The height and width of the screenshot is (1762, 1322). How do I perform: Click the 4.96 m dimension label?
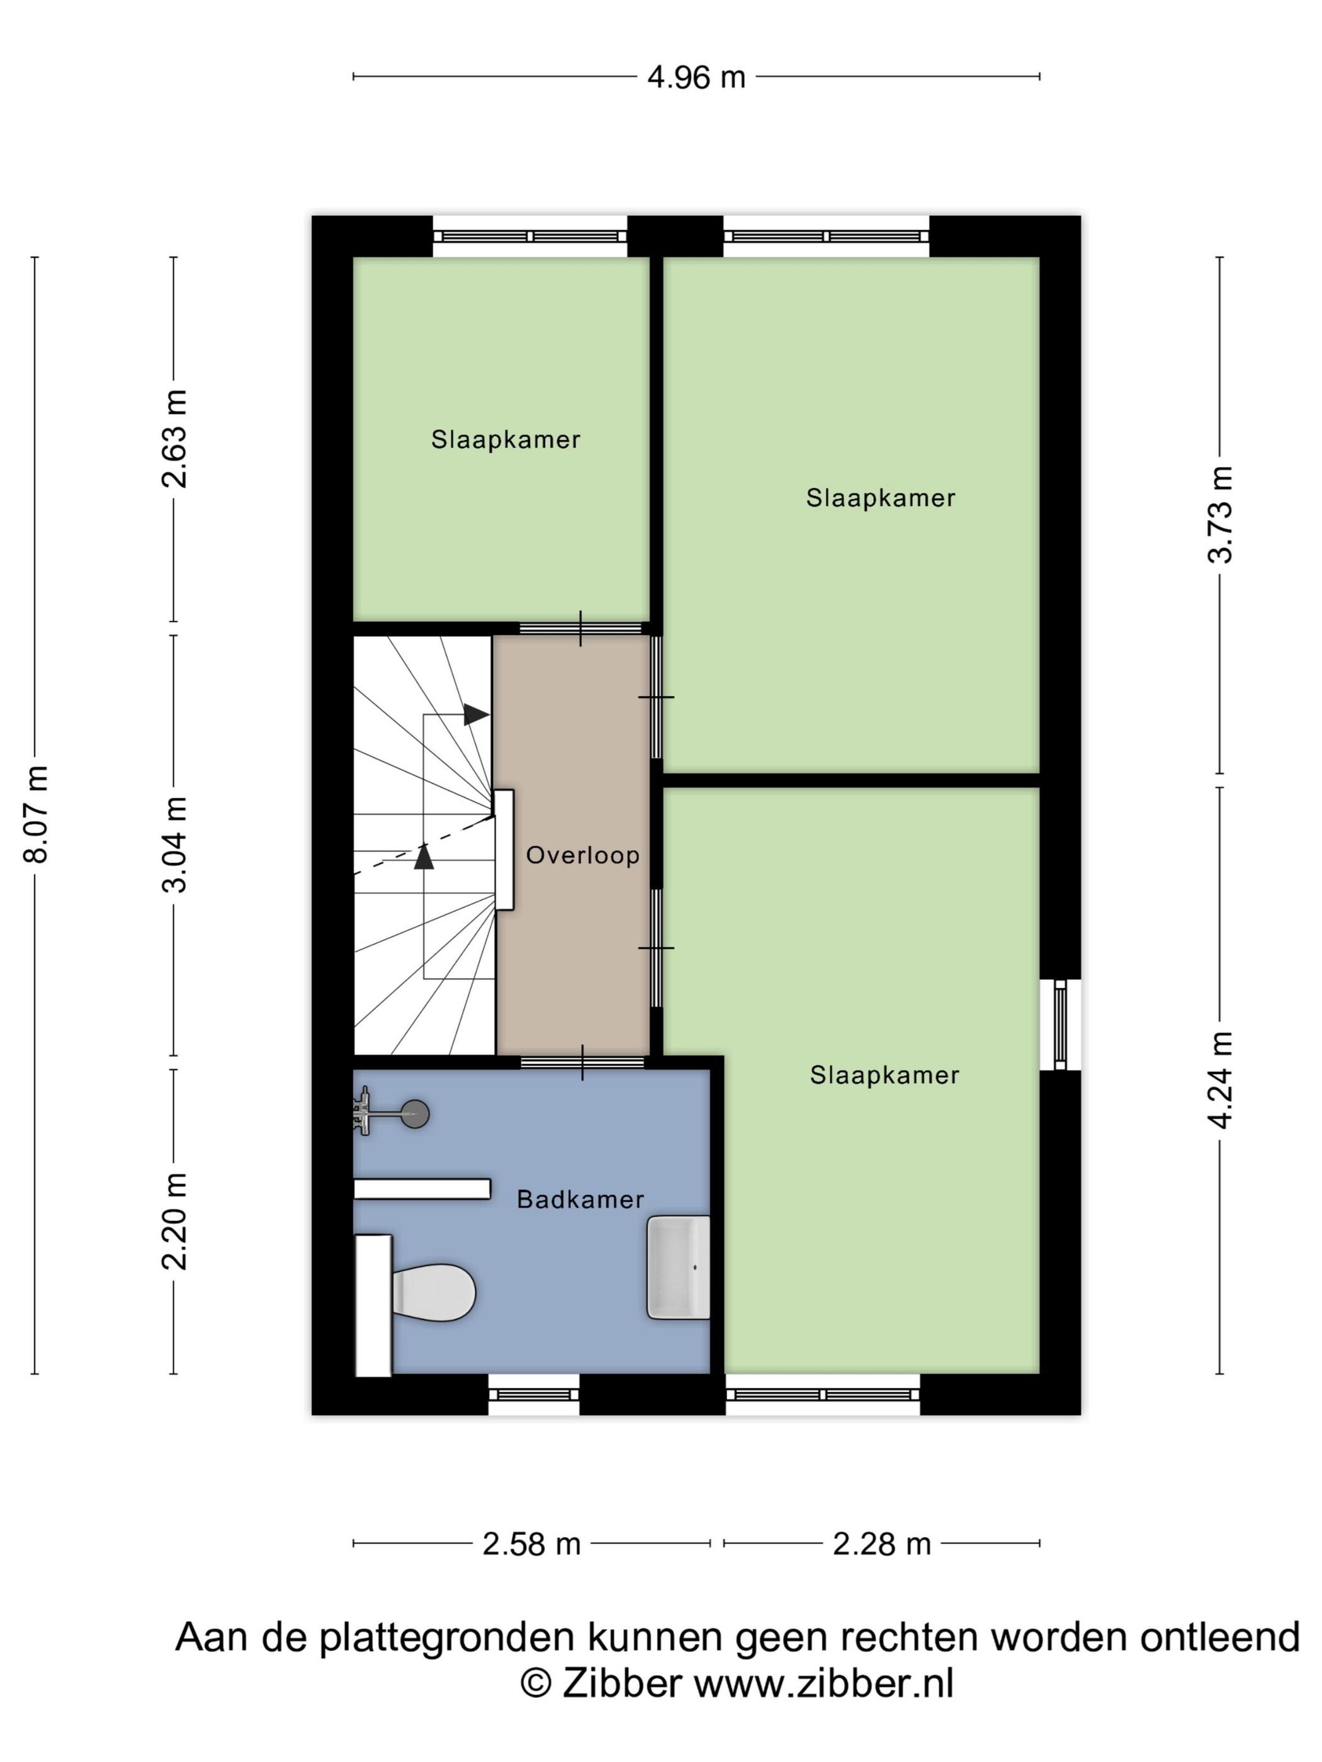(696, 77)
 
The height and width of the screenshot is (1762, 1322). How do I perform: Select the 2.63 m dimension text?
(174, 438)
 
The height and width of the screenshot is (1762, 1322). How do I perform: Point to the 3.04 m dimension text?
(174, 844)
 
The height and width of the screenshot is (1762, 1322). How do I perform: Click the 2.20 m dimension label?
(174, 1221)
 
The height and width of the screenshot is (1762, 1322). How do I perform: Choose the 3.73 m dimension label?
(1219, 515)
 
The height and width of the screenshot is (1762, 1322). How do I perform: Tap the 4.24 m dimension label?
(1219, 1079)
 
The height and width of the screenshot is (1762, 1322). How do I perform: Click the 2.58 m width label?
(531, 1544)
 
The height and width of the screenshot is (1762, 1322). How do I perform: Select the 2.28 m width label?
(881, 1544)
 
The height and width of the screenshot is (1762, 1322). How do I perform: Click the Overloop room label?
(582, 855)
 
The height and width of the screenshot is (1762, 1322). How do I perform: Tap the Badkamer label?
(580, 1199)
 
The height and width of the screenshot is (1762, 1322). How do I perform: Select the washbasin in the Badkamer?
(678, 1267)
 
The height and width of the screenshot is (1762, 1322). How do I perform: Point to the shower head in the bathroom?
(414, 1114)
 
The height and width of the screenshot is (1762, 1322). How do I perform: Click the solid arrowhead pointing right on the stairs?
(477, 714)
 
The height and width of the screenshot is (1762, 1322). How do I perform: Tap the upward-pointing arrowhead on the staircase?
(424, 856)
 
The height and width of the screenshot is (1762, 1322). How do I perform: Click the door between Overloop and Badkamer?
(582, 1063)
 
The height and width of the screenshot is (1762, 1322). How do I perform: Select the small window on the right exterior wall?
(1060, 1024)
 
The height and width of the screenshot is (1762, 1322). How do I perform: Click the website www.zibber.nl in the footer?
(824, 1683)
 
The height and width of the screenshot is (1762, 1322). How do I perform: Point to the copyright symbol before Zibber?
(536, 1683)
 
